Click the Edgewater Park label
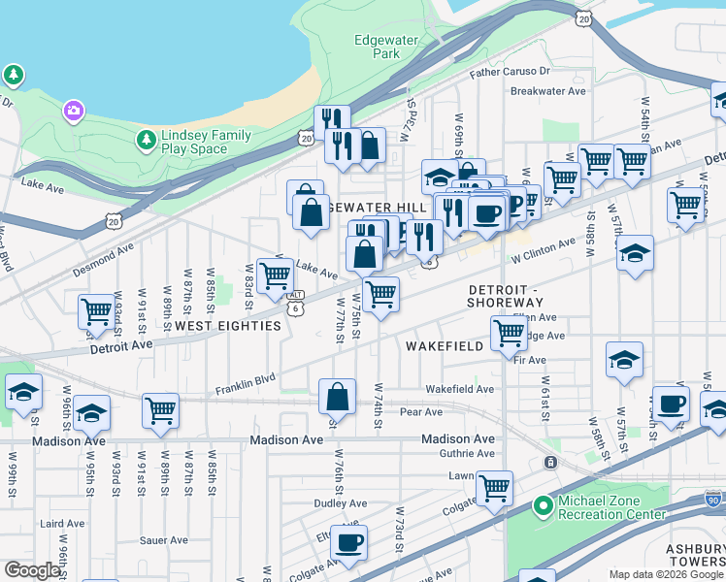(378, 48)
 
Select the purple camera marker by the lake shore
(73, 112)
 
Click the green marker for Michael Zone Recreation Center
(544, 507)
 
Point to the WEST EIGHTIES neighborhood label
(228, 327)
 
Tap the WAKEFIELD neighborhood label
(444, 345)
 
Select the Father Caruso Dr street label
(510, 72)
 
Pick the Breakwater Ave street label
(548, 91)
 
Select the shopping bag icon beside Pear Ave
(337, 396)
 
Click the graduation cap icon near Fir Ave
(624, 359)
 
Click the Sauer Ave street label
(164, 540)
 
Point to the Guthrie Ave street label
(472, 453)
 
